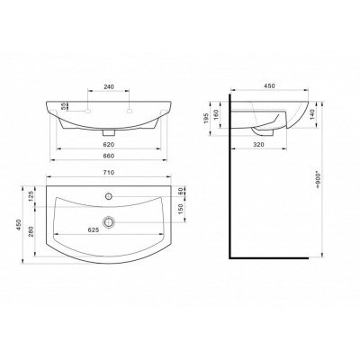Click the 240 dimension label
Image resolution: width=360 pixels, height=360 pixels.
[109, 86]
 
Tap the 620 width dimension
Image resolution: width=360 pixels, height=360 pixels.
[109, 145]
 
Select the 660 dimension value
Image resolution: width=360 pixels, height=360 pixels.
[109, 156]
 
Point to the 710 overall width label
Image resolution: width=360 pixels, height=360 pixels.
[109, 173]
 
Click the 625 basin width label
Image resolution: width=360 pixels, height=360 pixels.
[94, 230]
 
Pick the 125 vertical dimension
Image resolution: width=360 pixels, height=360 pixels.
[31, 196]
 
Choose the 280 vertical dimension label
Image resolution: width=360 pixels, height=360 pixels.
[31, 231]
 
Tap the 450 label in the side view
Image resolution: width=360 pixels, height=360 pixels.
[269, 86]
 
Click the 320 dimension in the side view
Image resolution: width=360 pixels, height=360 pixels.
[258, 145]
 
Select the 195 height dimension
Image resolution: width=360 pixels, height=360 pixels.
[206, 120]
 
